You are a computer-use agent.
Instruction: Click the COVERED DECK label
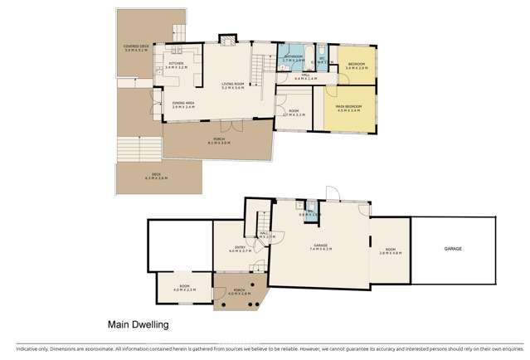[x=137, y=47]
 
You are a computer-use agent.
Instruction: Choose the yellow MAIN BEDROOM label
[x=348, y=105]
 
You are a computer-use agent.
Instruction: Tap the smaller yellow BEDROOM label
[x=357, y=65]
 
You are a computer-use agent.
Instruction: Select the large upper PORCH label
[x=219, y=139]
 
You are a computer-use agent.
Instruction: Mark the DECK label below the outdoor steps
[x=157, y=177]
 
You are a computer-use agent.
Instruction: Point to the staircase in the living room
[x=259, y=66]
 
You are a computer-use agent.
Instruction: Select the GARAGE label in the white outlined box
[x=452, y=248]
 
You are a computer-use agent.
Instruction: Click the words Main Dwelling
[x=138, y=326]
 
